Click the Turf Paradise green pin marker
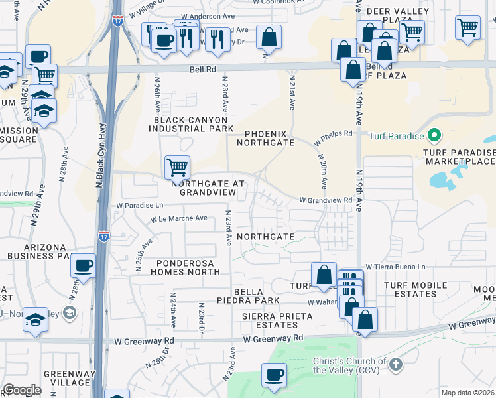(434, 136)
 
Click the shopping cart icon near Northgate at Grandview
(177, 167)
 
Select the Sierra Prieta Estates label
(269, 321)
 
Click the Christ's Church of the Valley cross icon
(396, 364)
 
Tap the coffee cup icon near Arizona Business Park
(84, 265)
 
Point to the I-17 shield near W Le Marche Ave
(104, 235)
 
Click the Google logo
(22, 390)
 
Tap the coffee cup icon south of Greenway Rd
(274, 375)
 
